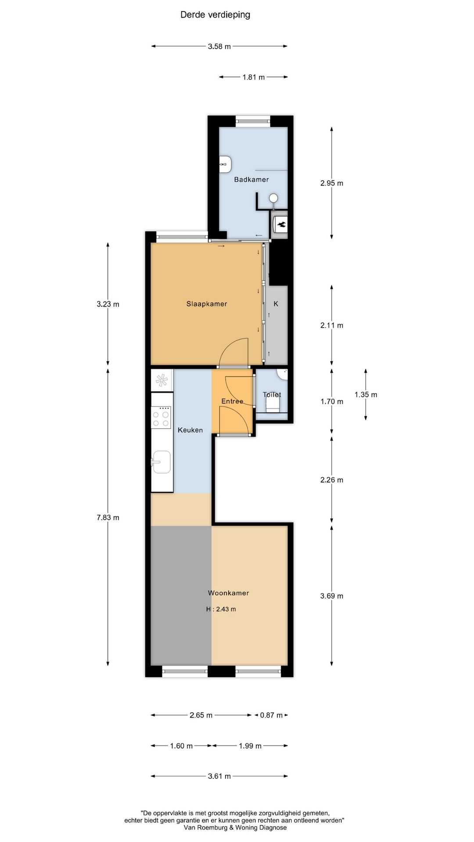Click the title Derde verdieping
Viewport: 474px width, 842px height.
pyautogui.click(x=215, y=15)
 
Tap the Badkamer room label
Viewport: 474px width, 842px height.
pyautogui.click(x=251, y=179)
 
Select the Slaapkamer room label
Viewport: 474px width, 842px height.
pyautogui.click(x=206, y=304)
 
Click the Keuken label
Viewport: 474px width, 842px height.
pyautogui.click(x=190, y=430)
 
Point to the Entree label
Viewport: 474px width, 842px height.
pyautogui.click(x=232, y=401)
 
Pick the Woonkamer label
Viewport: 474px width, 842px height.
pyautogui.click(x=228, y=593)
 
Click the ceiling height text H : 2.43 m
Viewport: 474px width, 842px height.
pyautogui.click(x=221, y=609)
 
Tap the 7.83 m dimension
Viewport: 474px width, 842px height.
pyautogui.click(x=108, y=517)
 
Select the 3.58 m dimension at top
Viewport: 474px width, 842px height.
pyautogui.click(x=219, y=46)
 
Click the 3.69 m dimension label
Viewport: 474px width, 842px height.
pyautogui.click(x=332, y=596)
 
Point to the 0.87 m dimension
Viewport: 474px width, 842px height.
pyautogui.click(x=271, y=715)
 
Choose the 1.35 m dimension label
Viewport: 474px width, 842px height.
pyautogui.click(x=366, y=395)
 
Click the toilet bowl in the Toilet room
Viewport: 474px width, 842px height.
pyautogui.click(x=273, y=401)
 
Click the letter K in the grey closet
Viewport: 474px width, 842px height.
pyautogui.click(x=276, y=304)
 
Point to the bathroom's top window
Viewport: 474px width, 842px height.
pyautogui.click(x=253, y=121)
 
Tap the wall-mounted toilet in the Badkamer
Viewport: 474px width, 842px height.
pyautogui.click(x=225, y=164)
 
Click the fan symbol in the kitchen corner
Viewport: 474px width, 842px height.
pyautogui.click(x=162, y=380)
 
